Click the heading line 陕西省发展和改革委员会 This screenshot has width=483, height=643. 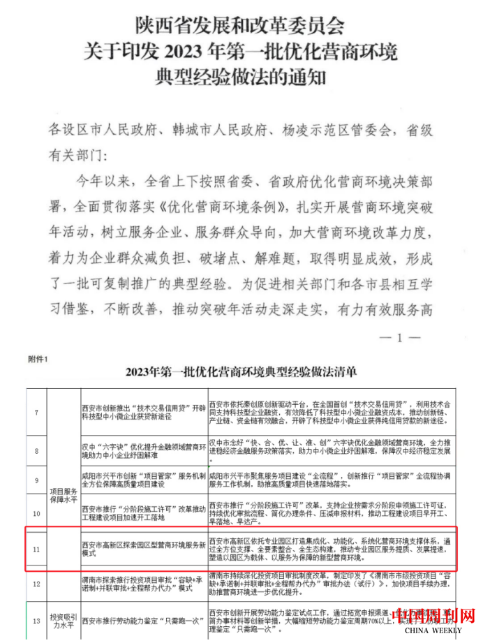point(240,27)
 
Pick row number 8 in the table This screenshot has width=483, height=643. point(36,451)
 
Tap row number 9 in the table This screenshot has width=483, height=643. point(36,480)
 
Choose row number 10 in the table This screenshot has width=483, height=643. point(36,513)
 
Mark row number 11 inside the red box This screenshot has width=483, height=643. point(36,549)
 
